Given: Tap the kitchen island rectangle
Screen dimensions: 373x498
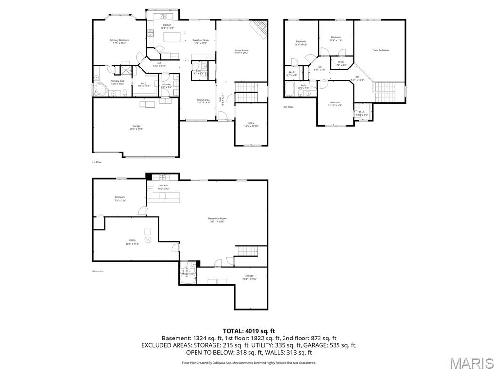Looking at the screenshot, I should pyautogui.click(x=170, y=37).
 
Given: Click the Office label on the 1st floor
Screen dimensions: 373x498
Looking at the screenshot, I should pyautogui.click(x=251, y=123).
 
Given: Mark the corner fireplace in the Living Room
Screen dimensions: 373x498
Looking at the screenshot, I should pyautogui.click(x=260, y=29).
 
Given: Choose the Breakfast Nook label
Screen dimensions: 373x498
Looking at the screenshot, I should pyautogui.click(x=200, y=40).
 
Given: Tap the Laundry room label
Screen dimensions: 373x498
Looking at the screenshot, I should pyautogui.click(x=166, y=85).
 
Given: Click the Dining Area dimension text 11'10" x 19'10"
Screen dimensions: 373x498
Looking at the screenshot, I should pyautogui.click(x=203, y=102).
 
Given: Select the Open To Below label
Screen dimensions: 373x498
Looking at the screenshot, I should pyautogui.click(x=380, y=50).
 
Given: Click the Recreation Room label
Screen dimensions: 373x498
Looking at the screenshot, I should pyautogui.click(x=217, y=218).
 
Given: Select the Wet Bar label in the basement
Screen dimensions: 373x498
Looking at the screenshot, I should pyautogui.click(x=163, y=186).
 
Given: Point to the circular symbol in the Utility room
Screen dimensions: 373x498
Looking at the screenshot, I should pyautogui.click(x=149, y=240).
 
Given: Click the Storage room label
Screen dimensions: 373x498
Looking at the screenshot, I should pyautogui.click(x=249, y=276).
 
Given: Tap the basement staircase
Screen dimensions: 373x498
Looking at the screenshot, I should pyautogui.click(x=247, y=252).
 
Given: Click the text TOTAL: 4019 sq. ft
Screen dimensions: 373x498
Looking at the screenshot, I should pyautogui.click(x=249, y=331).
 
